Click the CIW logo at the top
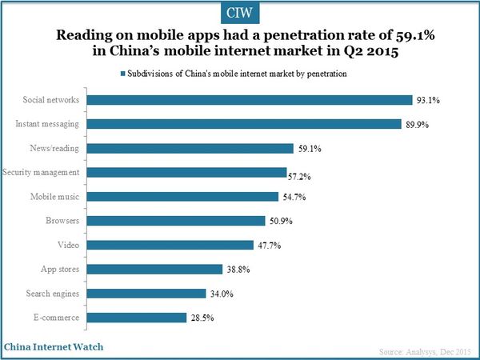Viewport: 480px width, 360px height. click(240, 14)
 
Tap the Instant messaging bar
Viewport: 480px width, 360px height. click(244, 124)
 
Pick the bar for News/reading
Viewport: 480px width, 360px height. click(190, 148)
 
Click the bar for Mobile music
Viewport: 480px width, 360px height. click(182, 197)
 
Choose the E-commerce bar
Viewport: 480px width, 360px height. click(137, 318)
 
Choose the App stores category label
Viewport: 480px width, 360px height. click(59, 269)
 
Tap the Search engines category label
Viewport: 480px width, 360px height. click(52, 294)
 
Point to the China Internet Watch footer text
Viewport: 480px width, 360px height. click(53, 347)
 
